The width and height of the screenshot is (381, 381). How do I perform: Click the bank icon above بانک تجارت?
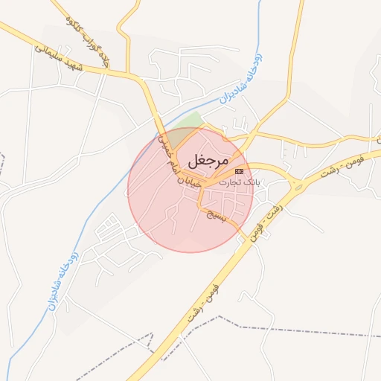[x=239, y=171]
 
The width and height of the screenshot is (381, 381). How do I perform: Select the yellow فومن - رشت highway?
[x=186, y=327]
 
